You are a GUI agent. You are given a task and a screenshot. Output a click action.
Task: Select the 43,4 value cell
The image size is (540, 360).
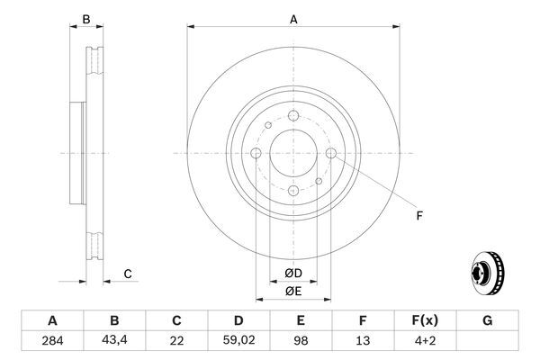114,342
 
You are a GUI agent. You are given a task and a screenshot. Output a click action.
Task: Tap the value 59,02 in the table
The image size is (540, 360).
239,342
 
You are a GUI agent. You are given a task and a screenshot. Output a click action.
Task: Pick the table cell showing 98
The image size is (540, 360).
301,342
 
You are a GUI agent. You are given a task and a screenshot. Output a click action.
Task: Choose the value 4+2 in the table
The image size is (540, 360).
426,342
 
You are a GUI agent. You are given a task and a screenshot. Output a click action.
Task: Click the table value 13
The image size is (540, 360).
364,342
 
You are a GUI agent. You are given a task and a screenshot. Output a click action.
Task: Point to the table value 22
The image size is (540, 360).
176,342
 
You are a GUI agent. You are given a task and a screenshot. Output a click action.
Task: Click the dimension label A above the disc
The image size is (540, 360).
293,18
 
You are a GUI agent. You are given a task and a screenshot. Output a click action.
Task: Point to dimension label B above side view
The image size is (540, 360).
86,19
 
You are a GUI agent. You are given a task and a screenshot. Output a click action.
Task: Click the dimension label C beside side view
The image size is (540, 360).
128,274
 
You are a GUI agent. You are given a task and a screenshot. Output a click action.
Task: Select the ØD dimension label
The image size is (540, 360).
293,274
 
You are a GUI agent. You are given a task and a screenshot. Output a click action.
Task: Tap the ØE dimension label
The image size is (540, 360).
293,291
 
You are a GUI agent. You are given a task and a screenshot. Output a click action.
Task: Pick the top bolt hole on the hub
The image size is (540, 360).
293,116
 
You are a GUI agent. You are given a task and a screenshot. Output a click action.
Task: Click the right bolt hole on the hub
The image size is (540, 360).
330,154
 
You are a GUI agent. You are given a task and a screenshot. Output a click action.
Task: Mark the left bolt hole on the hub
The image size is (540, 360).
256,154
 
